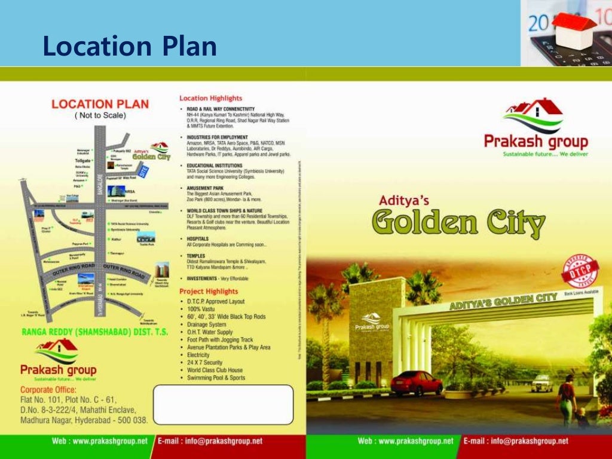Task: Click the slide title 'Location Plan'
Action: click(129, 47)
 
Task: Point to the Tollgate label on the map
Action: click(82, 161)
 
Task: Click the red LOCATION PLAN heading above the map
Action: click(100, 104)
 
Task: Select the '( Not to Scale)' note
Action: click(100, 115)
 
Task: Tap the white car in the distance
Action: click(541, 382)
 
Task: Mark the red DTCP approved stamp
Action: click(580, 270)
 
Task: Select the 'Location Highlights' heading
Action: click(211, 98)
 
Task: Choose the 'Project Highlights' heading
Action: click(209, 291)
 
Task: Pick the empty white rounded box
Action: click(224, 404)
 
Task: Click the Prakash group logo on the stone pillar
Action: click(372, 322)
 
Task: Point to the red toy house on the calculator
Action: click(574, 27)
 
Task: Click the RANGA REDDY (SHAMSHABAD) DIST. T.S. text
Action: click(95, 331)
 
